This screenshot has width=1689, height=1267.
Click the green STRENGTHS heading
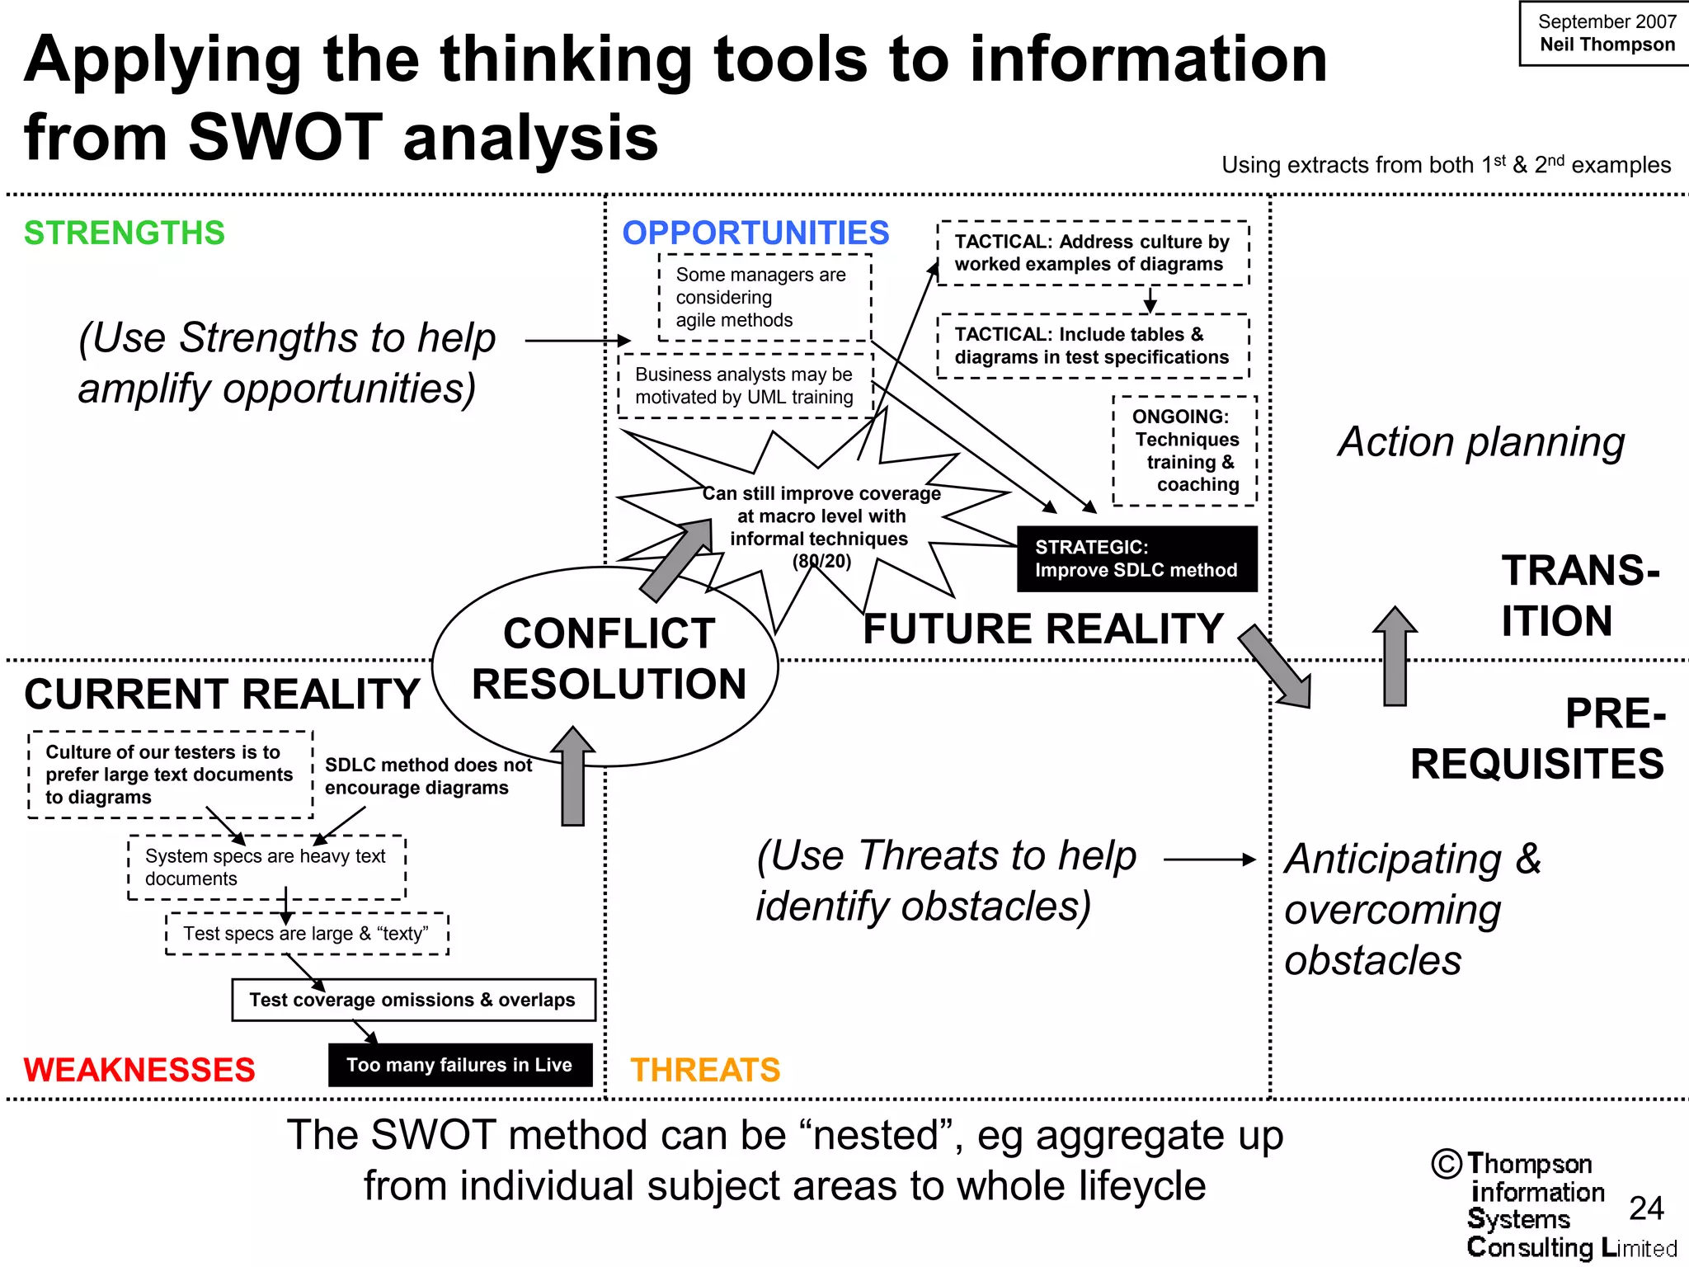pyautogui.click(x=124, y=233)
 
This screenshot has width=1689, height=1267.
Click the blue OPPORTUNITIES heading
pyautogui.click(x=755, y=233)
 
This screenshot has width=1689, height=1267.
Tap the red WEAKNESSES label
pyautogui.click(x=139, y=1070)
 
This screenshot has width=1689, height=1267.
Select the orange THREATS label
pyautogui.click(x=705, y=1070)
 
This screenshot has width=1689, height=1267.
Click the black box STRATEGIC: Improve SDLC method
pyautogui.click(x=1136, y=558)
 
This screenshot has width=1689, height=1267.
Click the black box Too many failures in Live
pyautogui.click(x=459, y=1065)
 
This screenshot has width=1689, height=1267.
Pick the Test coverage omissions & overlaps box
pyautogui.click(x=412, y=1000)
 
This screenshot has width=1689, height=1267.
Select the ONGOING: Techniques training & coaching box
pyautogui.click(x=1184, y=450)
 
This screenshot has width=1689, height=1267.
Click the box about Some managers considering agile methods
pyautogui.click(x=764, y=297)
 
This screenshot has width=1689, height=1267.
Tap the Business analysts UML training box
pyautogui.click(x=744, y=385)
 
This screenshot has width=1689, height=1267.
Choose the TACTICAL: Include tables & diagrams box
pyautogui.click(x=1092, y=346)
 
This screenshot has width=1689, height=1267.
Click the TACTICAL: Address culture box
pyautogui.click(x=1092, y=252)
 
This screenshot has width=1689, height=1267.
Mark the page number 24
pyautogui.click(x=1646, y=1208)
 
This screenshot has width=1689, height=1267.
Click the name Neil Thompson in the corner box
pyautogui.click(x=1607, y=45)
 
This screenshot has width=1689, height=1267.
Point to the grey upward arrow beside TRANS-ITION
pyautogui.click(x=1395, y=657)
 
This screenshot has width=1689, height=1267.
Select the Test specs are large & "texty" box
pyautogui.click(x=306, y=934)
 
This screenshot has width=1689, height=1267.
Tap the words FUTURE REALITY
pyautogui.click(x=1043, y=629)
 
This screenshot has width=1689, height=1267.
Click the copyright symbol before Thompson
pyautogui.click(x=1447, y=1164)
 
